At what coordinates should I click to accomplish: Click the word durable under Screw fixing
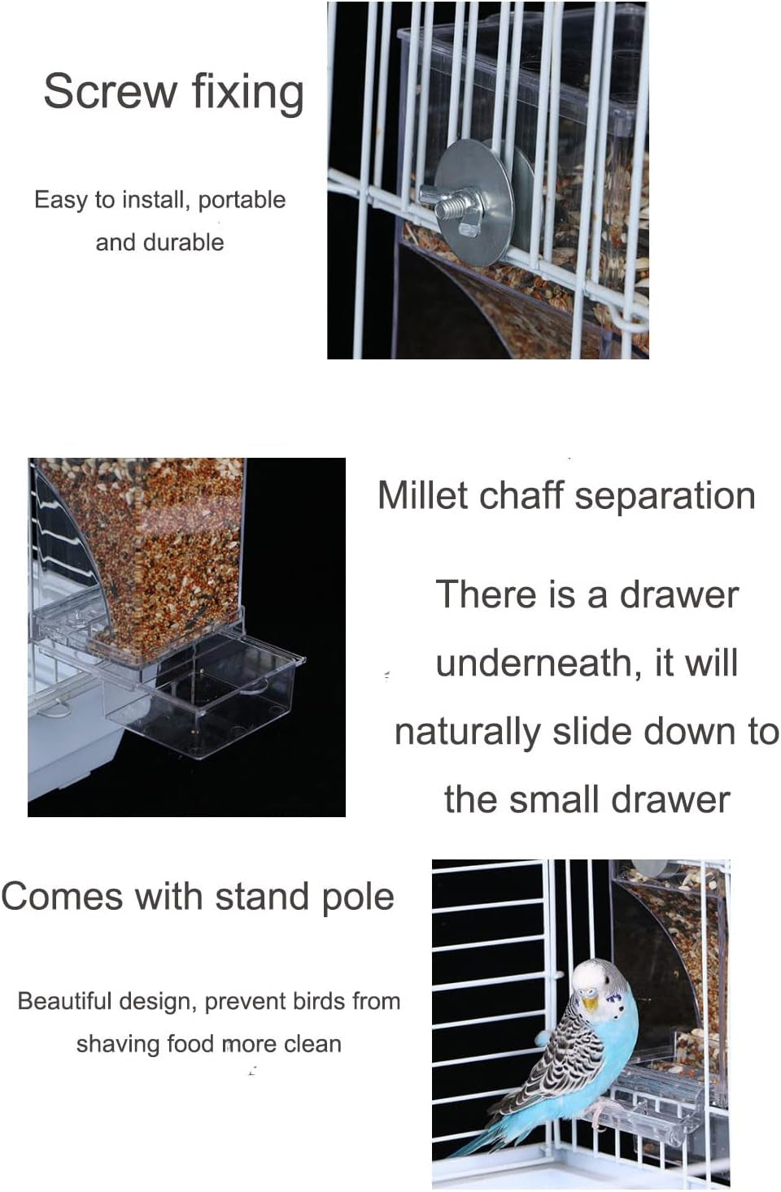click(183, 242)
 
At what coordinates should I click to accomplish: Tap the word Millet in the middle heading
click(422, 495)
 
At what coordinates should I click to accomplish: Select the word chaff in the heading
click(520, 495)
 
